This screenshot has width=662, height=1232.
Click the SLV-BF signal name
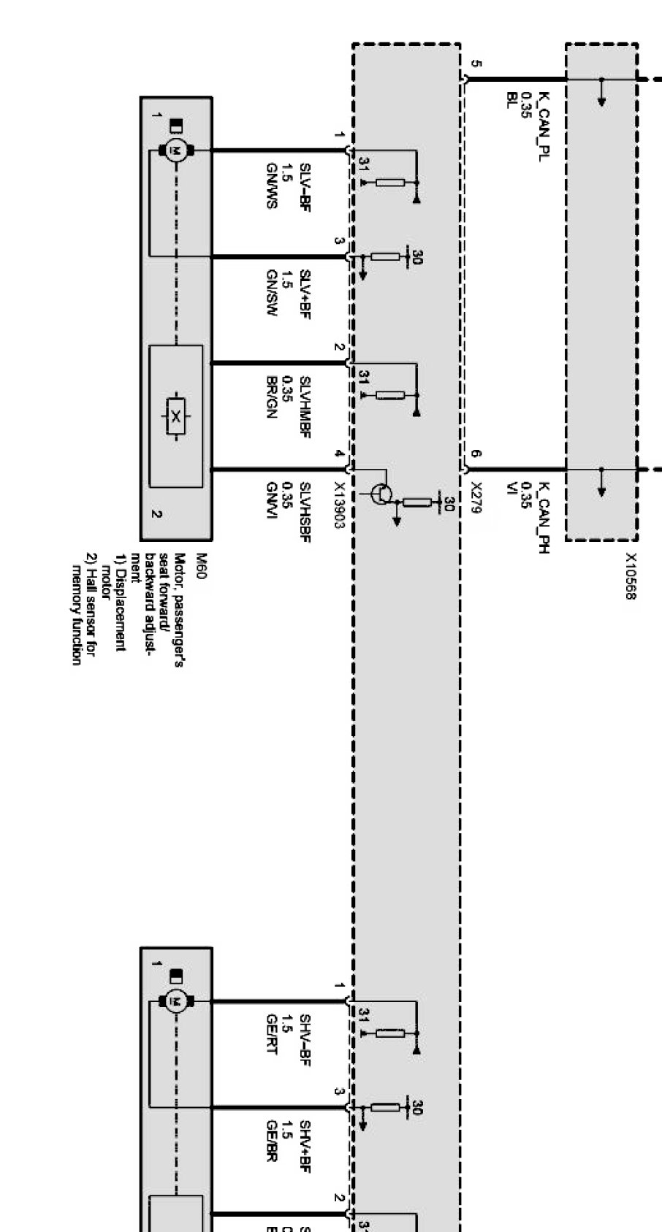coord(305,188)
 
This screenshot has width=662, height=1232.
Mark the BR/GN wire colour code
coord(272,398)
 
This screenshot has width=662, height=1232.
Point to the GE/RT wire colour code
coord(272,1034)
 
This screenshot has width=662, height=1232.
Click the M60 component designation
coord(202,567)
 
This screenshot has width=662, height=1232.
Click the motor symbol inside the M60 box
coord(175,150)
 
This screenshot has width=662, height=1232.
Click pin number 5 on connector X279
coord(476,63)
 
